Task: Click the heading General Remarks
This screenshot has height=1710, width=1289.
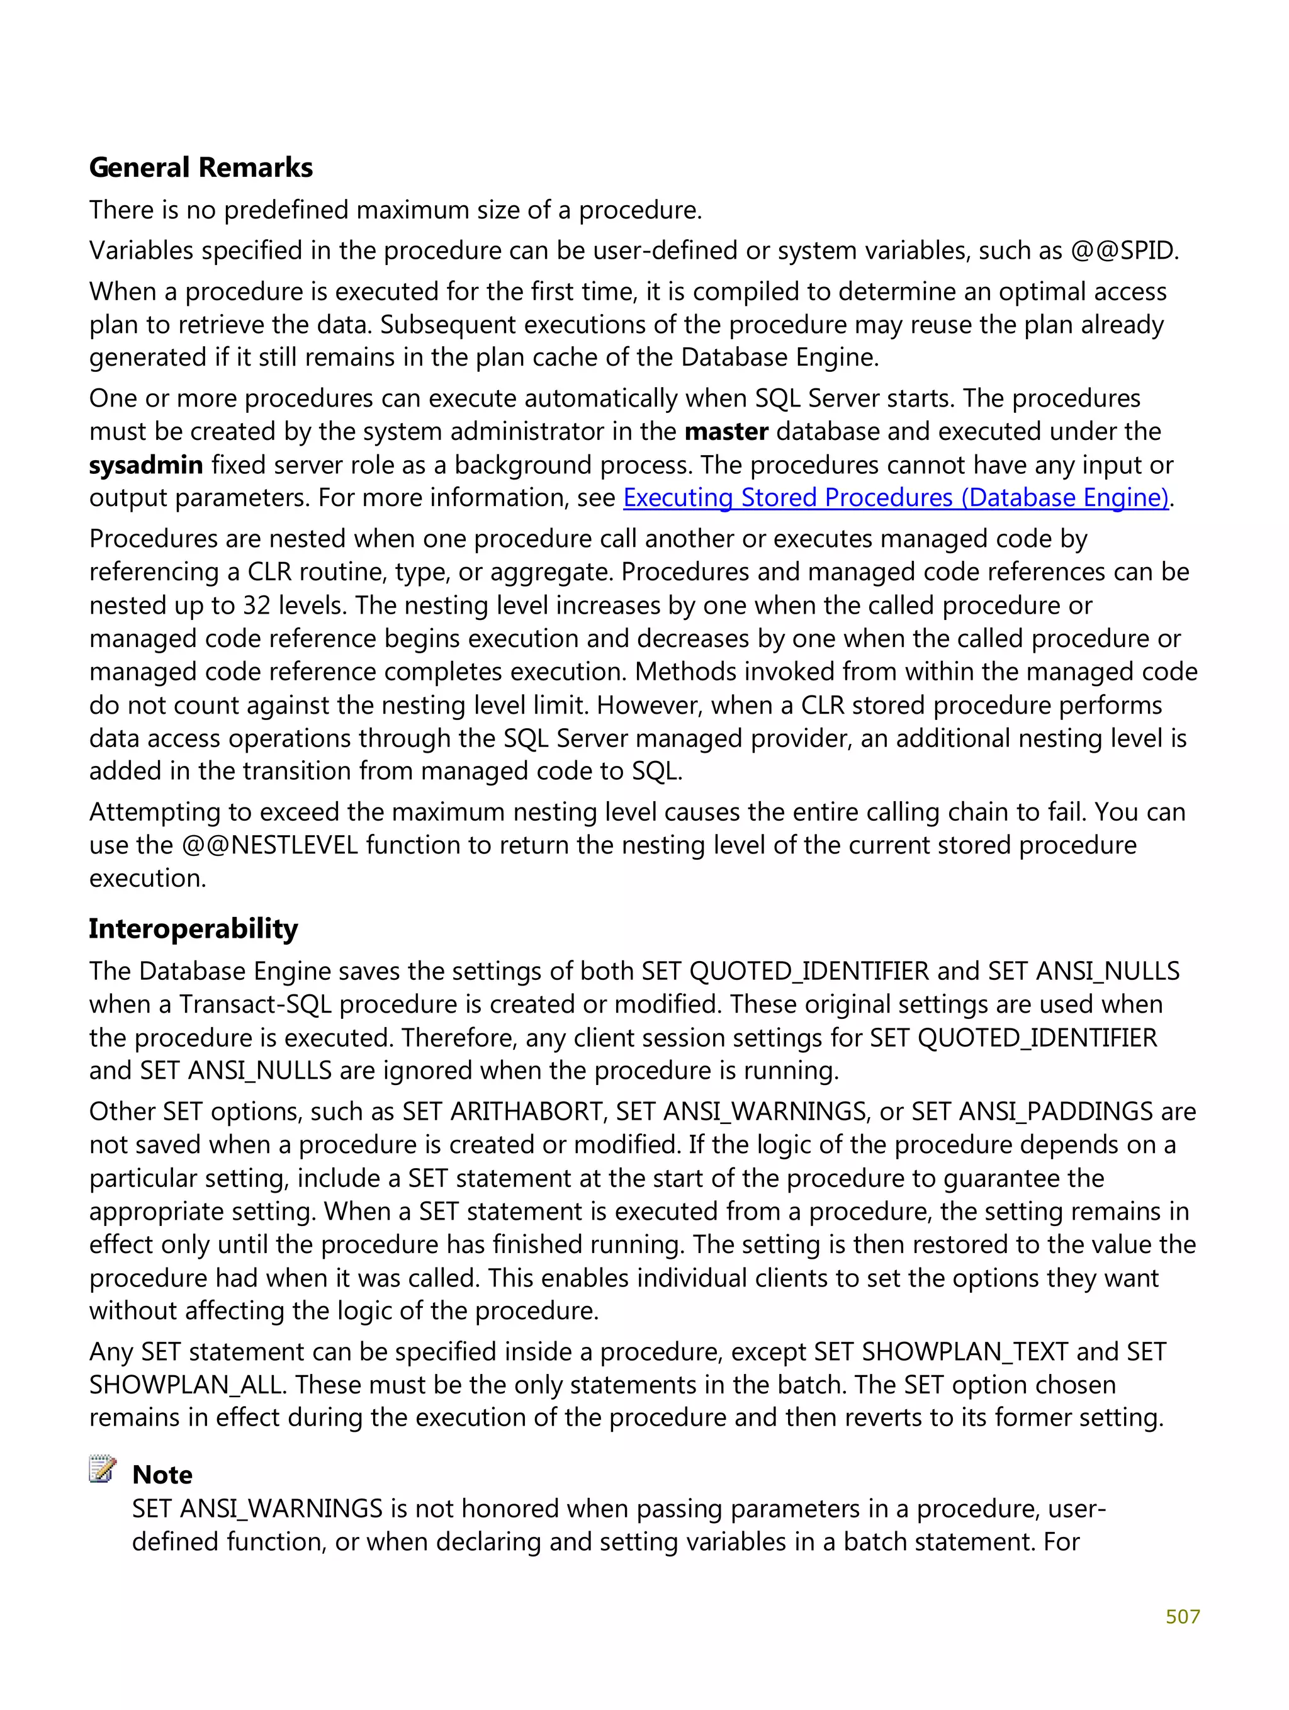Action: (200, 168)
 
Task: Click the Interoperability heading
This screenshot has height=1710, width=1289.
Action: (193, 928)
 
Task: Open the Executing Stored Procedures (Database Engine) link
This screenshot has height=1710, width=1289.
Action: (896, 498)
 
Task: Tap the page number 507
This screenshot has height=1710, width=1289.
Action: (1182, 1616)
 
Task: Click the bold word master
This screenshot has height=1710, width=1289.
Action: (726, 431)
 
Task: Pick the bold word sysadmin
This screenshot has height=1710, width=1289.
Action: (145, 465)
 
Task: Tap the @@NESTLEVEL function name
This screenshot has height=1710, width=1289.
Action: (270, 845)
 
